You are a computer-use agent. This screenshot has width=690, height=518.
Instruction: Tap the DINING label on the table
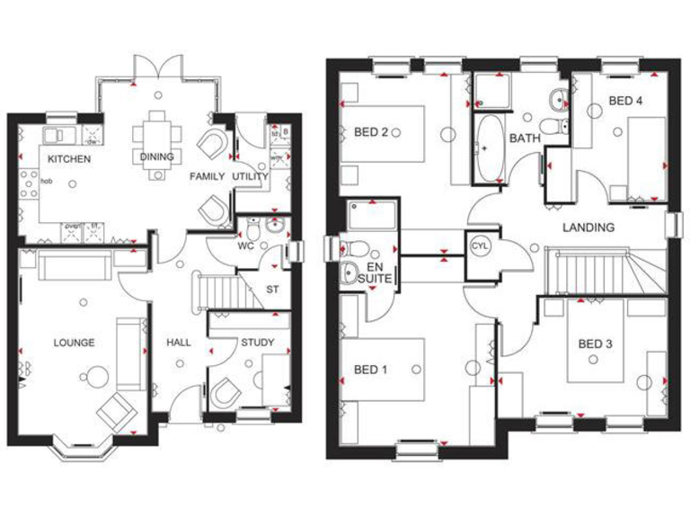click(155, 156)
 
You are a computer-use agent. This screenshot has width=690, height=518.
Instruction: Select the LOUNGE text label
click(74, 343)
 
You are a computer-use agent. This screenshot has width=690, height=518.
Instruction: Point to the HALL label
click(179, 343)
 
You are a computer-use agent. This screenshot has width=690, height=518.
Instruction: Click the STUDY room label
click(257, 343)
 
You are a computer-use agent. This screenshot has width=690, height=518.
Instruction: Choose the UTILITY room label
click(251, 177)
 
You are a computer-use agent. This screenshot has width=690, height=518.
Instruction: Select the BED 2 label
click(371, 132)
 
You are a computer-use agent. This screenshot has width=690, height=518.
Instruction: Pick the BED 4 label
click(625, 102)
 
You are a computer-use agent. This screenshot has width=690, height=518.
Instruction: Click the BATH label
click(524, 138)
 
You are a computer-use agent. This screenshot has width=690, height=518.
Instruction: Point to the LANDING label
click(588, 228)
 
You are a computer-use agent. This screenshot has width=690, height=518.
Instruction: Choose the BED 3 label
click(595, 344)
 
